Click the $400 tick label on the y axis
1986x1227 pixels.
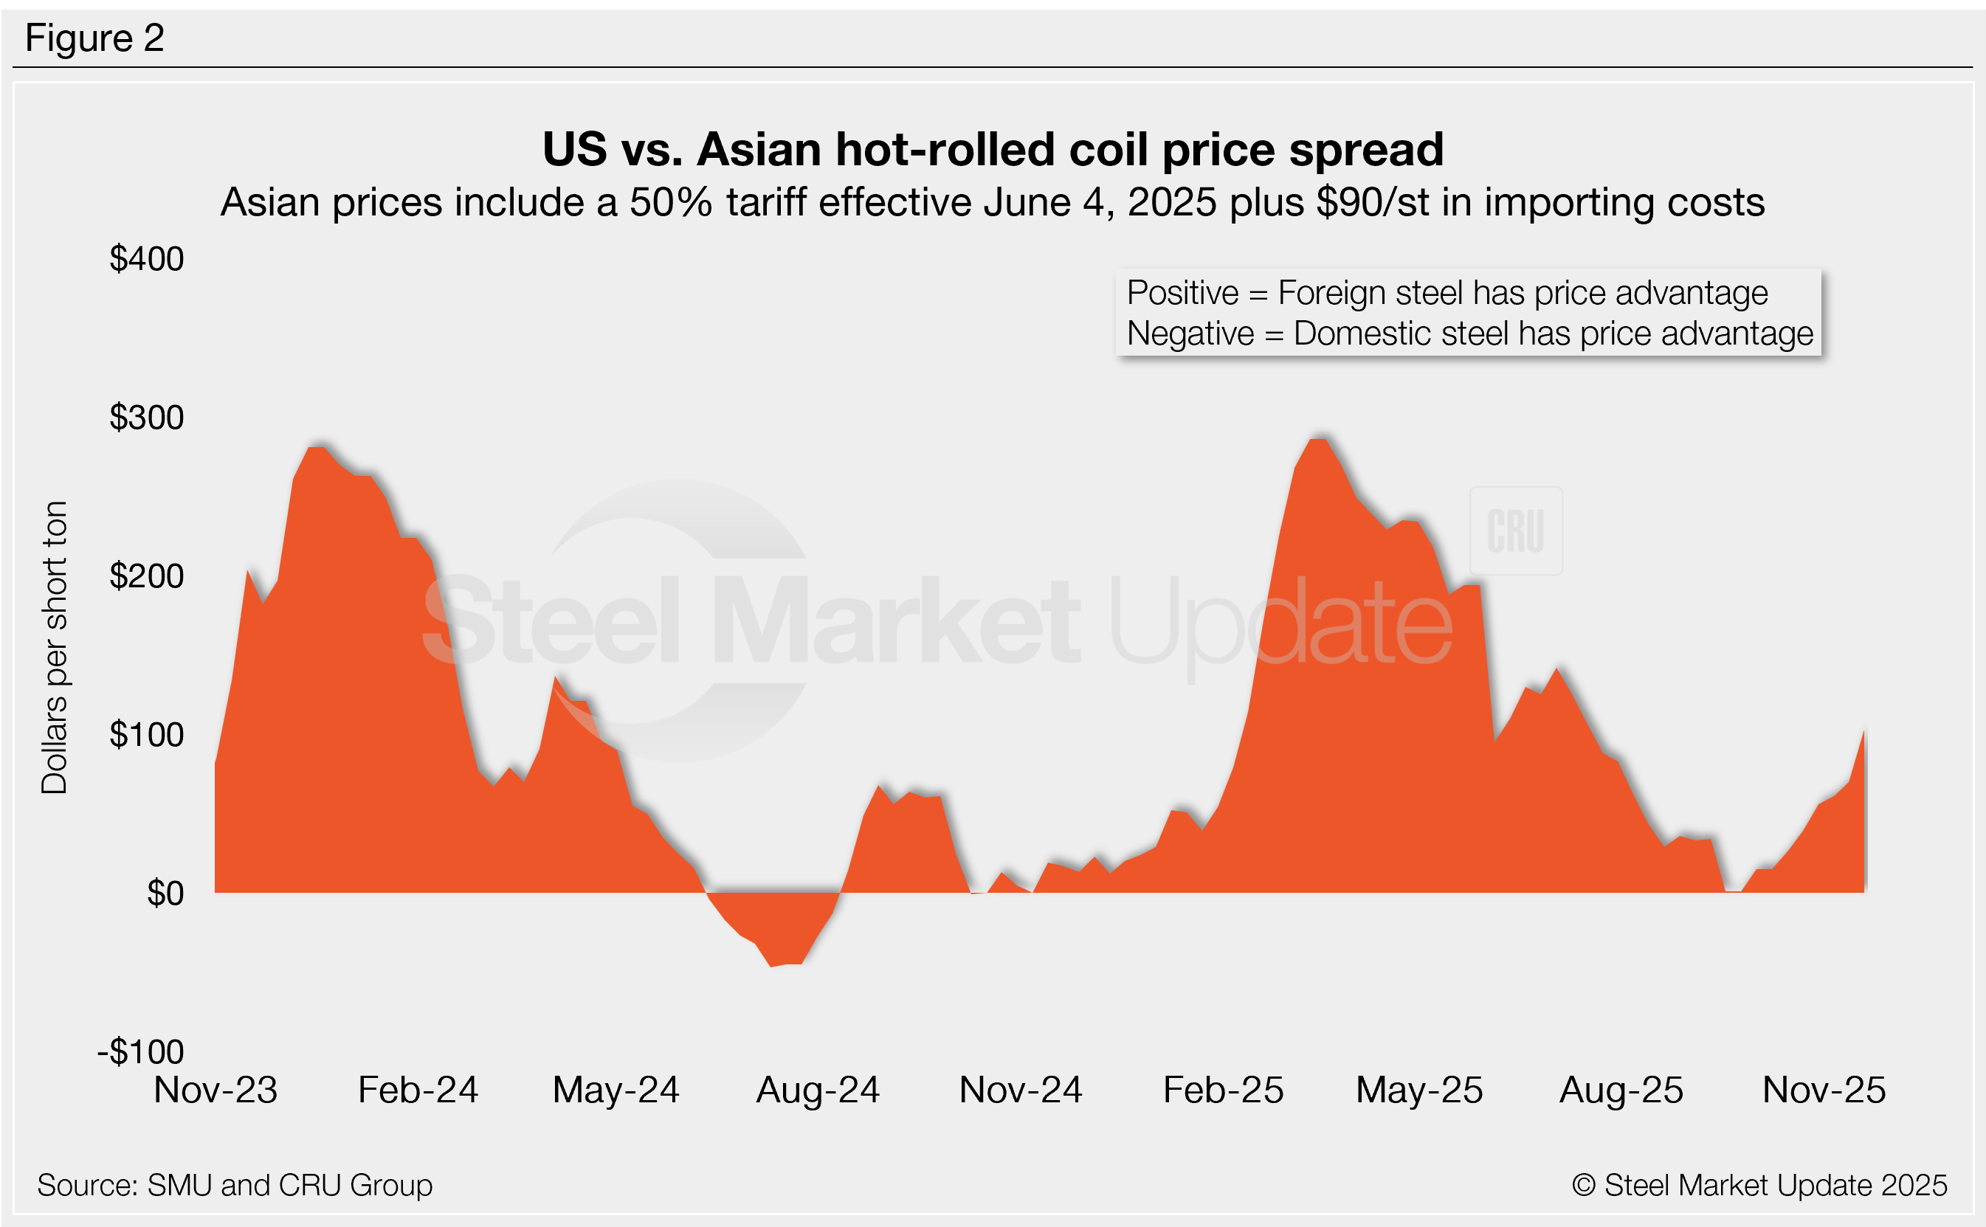[x=147, y=260]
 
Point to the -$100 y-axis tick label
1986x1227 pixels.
[x=141, y=1051]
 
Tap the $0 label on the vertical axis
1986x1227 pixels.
[x=165, y=894]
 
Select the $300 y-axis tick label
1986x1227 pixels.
[x=147, y=418]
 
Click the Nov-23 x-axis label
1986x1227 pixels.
[x=216, y=1090]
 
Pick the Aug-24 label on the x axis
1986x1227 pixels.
[x=818, y=1090]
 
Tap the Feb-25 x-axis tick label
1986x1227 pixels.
[x=1223, y=1090]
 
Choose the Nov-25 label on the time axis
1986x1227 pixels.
[x=1824, y=1090]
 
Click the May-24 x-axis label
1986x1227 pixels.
[x=616, y=1090]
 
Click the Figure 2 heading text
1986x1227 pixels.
[x=95, y=38]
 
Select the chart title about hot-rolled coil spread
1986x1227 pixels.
[x=993, y=150]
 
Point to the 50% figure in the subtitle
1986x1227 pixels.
[x=671, y=203]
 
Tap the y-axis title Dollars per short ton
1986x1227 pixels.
[x=55, y=647]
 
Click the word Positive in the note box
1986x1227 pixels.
[x=1182, y=293]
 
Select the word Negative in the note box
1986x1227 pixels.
[x=1190, y=333]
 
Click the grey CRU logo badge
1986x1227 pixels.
[x=1515, y=530]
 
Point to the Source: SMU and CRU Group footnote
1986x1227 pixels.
[x=235, y=1185]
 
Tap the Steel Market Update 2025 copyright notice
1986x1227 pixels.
[x=1759, y=1185]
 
